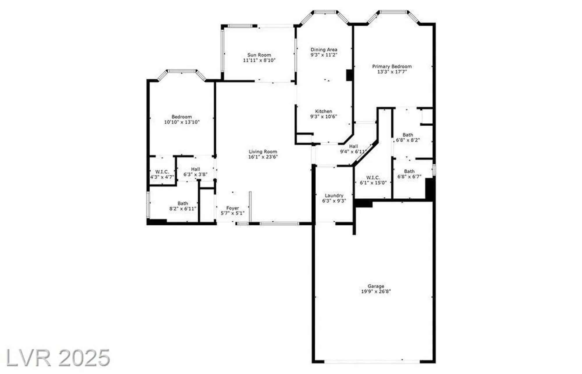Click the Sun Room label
click(259, 55)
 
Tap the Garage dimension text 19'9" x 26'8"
click(376, 291)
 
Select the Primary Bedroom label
click(392, 66)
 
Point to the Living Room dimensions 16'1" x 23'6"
click(263, 157)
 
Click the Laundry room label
click(334, 195)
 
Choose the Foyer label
click(232, 208)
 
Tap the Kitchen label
click(323, 111)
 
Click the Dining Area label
click(324, 49)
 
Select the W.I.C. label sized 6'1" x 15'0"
click(373, 177)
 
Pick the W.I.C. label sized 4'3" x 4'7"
click(162, 172)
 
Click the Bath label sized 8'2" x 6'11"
click(183, 203)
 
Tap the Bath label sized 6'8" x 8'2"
click(408, 135)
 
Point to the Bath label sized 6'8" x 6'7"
click(409, 171)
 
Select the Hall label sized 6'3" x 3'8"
click(195, 169)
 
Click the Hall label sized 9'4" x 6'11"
click(353, 146)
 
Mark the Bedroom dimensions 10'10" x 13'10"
click(182, 122)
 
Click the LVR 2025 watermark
click(58, 358)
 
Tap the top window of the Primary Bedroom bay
click(393, 12)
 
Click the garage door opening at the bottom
click(372, 361)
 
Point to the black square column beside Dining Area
click(349, 75)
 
